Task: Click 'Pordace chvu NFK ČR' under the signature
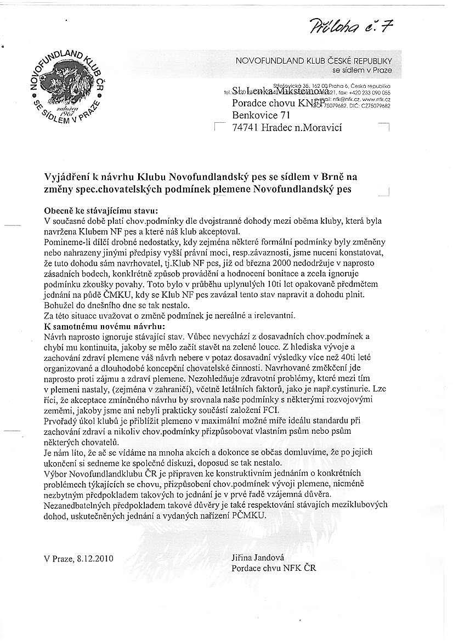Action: coord(274,568)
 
